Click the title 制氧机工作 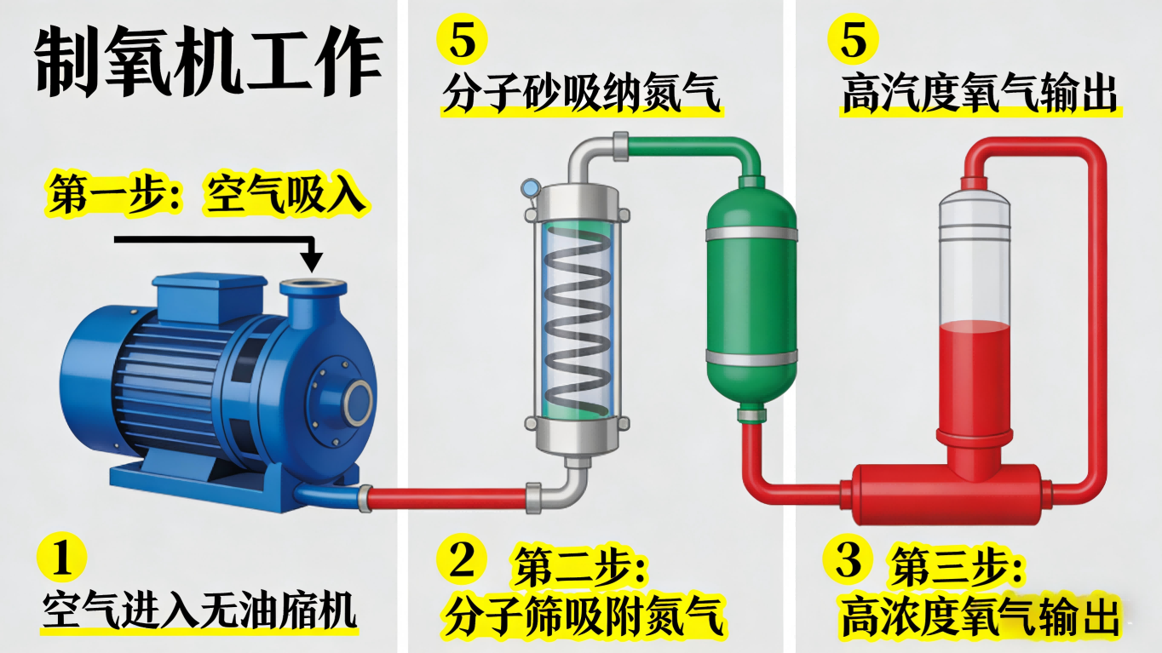coord(209,63)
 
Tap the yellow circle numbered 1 coord(61,559)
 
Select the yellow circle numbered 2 coord(462,559)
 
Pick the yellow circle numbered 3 coord(849,559)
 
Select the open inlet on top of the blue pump coord(313,285)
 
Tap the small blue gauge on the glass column coord(530,186)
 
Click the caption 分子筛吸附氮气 coord(583,616)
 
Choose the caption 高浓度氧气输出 coord(980,616)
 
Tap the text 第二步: coord(579,568)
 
